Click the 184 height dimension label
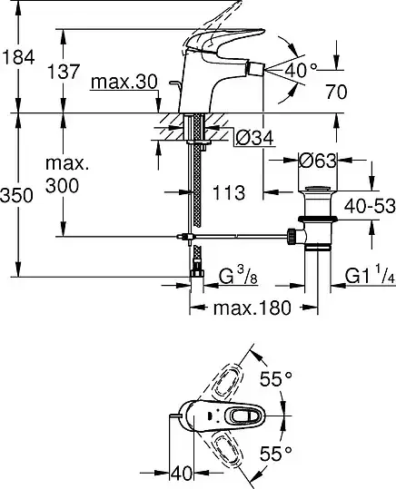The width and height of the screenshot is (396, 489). (18, 58)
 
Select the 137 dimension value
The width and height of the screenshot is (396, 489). (64, 72)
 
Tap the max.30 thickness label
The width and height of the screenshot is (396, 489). (124, 82)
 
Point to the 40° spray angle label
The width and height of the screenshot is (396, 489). (301, 70)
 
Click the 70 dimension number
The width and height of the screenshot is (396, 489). (336, 92)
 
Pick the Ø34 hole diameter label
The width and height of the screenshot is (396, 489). (254, 138)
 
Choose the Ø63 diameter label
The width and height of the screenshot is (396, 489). (318, 161)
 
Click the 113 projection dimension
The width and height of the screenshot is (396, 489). (229, 192)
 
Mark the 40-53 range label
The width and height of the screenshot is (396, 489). (370, 206)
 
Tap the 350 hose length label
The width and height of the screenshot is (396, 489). (16, 196)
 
